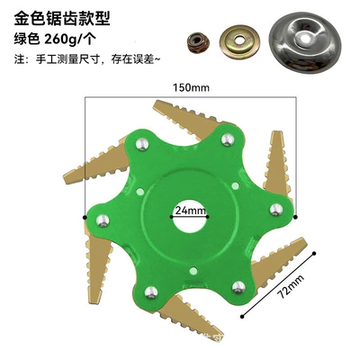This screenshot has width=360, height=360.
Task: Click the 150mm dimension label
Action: pos(191,87)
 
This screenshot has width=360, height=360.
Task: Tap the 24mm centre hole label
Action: pos(190,211)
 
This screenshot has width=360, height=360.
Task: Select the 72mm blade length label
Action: pos(290,286)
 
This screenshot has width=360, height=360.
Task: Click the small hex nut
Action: pos(198,41)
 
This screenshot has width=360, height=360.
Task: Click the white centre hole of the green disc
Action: pos(189,217)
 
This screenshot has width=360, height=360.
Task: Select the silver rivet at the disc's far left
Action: pos(103,220)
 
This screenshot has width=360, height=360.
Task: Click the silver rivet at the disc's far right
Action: pos(276,210)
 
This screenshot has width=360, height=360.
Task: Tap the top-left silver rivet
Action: pos(142,144)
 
